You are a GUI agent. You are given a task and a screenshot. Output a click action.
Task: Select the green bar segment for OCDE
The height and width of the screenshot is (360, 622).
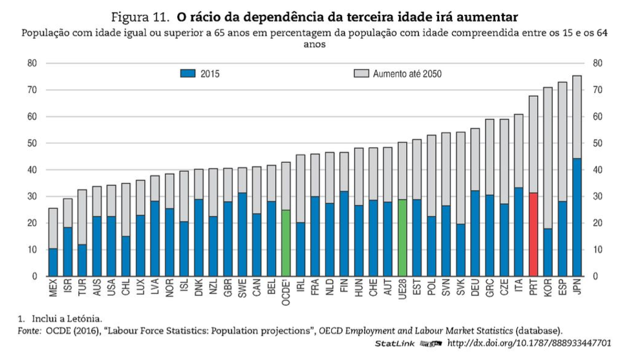286,242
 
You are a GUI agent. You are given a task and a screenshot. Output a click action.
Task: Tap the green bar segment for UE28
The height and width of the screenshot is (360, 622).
402,237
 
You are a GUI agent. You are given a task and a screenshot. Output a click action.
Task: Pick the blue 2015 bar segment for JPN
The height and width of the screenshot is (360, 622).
577,217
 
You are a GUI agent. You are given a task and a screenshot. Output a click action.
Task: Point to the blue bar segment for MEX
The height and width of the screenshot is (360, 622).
53,262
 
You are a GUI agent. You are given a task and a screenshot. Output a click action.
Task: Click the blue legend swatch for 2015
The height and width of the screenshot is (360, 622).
187,74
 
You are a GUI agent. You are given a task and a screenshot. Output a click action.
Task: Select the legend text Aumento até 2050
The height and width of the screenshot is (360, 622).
407,74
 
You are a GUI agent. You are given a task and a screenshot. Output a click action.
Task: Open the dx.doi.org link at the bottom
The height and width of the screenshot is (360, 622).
529,343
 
